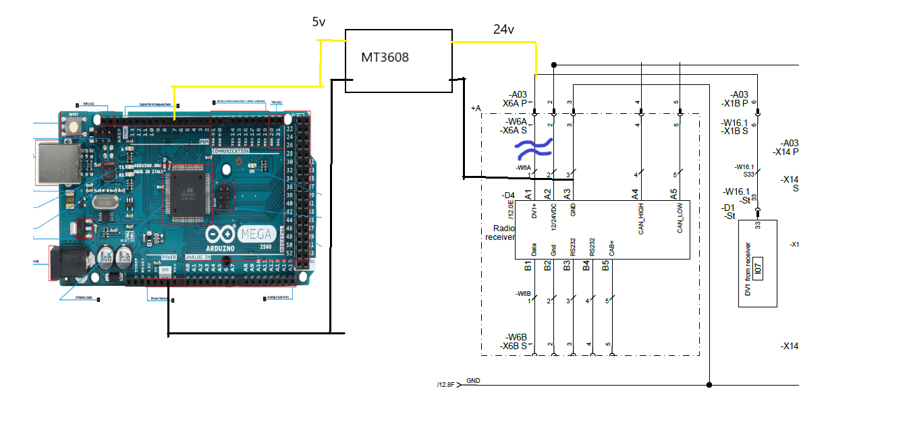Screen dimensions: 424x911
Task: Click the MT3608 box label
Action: click(385, 57)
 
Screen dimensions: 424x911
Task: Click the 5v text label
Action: click(319, 22)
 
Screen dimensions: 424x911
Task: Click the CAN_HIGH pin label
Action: click(640, 218)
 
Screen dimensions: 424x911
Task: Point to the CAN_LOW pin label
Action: click(680, 218)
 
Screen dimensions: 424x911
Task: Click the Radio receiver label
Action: click(499, 233)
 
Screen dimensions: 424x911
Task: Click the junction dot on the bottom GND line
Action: click(709, 385)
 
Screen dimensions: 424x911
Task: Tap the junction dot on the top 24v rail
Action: click(553, 65)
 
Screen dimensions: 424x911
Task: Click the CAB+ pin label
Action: click(611, 247)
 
